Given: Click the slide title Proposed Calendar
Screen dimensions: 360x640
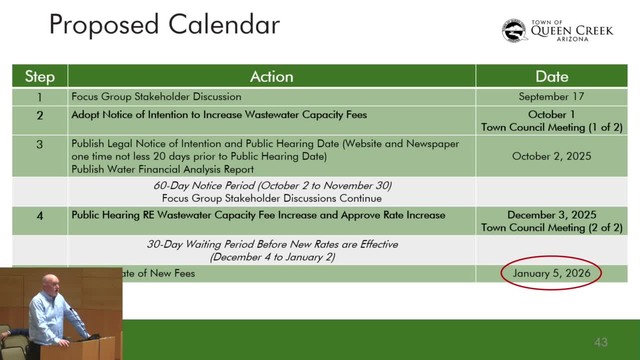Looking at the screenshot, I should point(164,24).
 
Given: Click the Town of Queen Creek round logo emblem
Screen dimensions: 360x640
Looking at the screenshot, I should point(514,30).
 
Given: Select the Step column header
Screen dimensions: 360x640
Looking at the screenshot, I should point(39,76).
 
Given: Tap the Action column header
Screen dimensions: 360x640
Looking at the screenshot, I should point(271,76).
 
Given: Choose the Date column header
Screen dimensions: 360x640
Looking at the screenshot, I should point(551,76).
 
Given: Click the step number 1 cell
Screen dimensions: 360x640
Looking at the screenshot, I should point(39,97).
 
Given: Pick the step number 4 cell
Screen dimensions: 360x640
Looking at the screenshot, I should point(39,216).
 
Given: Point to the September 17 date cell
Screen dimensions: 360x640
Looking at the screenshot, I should point(551,96).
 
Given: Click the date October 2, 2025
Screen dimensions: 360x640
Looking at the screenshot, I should point(551,156).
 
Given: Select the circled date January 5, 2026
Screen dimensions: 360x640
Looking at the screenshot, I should point(551,273).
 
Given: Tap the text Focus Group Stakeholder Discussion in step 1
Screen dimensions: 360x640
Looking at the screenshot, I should point(156,96).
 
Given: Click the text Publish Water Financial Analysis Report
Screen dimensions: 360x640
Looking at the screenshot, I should point(162,169).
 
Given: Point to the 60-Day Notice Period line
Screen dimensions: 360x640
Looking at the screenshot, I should point(272,185).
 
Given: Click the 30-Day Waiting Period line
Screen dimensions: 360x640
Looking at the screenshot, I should point(272,244).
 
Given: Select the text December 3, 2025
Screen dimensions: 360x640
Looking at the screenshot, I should point(551,215).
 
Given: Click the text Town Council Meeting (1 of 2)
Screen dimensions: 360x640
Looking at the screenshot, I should point(551,127).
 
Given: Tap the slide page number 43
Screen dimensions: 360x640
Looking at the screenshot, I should point(600,342).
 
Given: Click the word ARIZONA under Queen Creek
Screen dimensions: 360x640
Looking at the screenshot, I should point(572,39).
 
